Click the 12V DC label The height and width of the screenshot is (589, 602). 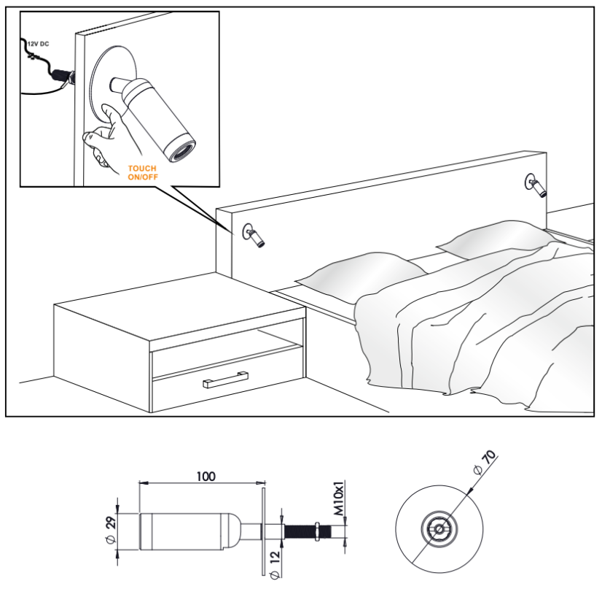pos(39,44)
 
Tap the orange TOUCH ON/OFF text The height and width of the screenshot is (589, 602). pos(143,173)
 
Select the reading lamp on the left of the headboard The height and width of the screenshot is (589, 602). pos(254,235)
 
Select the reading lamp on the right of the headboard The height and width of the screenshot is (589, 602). pos(536,185)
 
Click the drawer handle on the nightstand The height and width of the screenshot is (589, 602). pos(225,380)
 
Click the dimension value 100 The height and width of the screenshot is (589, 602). pos(206,477)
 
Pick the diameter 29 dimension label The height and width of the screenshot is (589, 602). pos(111,530)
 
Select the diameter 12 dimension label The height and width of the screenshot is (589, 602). pos(275,565)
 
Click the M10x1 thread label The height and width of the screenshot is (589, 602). pos(339,498)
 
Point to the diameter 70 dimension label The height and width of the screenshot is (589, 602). pos(485,462)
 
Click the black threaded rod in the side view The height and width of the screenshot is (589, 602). pos(308,532)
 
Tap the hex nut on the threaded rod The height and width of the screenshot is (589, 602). pos(318,531)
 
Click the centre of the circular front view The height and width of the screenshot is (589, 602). pos(439,529)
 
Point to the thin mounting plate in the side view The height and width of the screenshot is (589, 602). pos(263,531)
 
